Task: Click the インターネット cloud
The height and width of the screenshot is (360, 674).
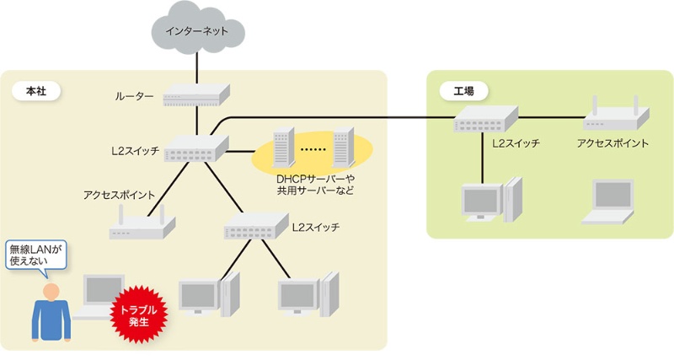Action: (195, 31)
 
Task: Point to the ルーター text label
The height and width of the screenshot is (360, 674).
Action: (134, 96)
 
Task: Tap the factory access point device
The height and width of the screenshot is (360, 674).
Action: (612, 118)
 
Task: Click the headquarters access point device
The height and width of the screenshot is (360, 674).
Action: (142, 224)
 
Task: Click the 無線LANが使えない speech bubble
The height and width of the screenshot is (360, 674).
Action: (35, 255)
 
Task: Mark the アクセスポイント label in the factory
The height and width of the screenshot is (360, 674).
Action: (612, 144)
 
